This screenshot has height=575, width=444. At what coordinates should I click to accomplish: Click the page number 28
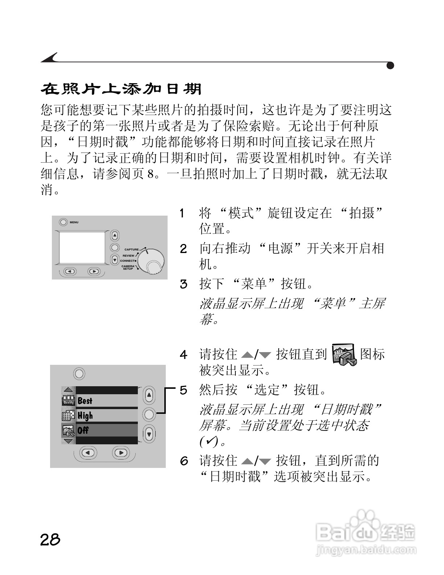[x=50, y=539]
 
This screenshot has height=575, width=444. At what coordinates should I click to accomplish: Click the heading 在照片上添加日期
[x=121, y=89]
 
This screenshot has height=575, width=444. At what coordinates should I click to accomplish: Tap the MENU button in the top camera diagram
[x=63, y=222]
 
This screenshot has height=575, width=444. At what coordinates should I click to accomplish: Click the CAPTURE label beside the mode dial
[x=131, y=249]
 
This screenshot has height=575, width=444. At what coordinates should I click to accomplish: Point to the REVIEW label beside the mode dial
[x=128, y=256]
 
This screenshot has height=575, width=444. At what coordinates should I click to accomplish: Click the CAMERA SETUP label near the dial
[x=128, y=268]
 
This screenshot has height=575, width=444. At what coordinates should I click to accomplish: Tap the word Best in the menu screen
[x=85, y=401]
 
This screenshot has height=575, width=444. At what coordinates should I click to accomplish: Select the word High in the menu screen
[x=85, y=415]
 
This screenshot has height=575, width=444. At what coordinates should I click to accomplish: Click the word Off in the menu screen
[x=83, y=430]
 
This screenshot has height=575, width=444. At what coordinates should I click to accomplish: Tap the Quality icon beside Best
[x=69, y=400]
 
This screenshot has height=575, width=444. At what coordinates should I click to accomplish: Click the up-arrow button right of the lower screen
[x=149, y=395]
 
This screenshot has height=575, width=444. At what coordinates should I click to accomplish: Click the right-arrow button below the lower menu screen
[x=121, y=452]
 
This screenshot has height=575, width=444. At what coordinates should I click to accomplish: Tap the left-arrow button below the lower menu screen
[x=88, y=452]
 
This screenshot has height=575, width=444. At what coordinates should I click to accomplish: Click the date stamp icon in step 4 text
[x=345, y=354]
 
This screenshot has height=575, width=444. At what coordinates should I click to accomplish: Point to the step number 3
[x=184, y=284]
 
